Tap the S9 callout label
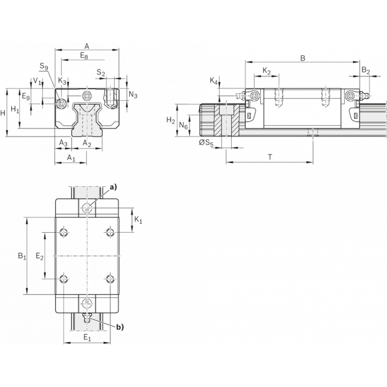[x=44, y=66]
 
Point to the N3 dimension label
[x=133, y=94]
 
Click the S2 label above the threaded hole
[x=101, y=73]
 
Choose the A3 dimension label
[x=63, y=143]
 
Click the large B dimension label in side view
[x=302, y=58]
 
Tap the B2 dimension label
[x=366, y=71]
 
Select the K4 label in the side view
[x=214, y=80]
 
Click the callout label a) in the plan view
[x=114, y=186]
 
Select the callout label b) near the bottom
[x=119, y=327]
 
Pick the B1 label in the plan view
[x=22, y=255]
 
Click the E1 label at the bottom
[x=87, y=338]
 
